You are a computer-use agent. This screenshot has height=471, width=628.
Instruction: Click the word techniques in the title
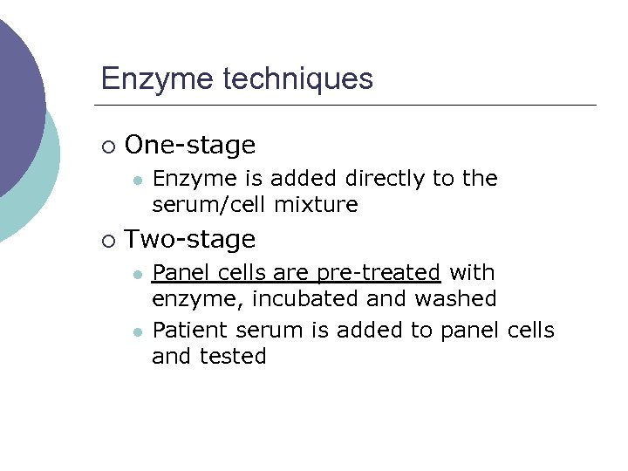[298, 78]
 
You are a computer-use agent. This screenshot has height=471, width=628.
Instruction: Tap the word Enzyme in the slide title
[158, 78]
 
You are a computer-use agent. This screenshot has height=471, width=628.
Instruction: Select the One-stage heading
[190, 145]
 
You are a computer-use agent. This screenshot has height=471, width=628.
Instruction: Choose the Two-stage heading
[190, 239]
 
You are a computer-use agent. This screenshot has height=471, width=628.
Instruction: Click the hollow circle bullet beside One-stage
[108, 146]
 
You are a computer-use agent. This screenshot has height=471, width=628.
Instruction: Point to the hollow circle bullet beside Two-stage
[108, 240]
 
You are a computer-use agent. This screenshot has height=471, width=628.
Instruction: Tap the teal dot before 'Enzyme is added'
[137, 180]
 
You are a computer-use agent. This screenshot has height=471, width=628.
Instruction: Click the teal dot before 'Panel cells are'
[137, 274]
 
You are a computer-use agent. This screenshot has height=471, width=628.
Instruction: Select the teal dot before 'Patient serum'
[137, 331]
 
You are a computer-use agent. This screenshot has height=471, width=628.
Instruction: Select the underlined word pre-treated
[379, 273]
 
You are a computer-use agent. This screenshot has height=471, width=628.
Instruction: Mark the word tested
[233, 356]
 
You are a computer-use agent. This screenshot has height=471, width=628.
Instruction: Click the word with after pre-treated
[471, 273]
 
